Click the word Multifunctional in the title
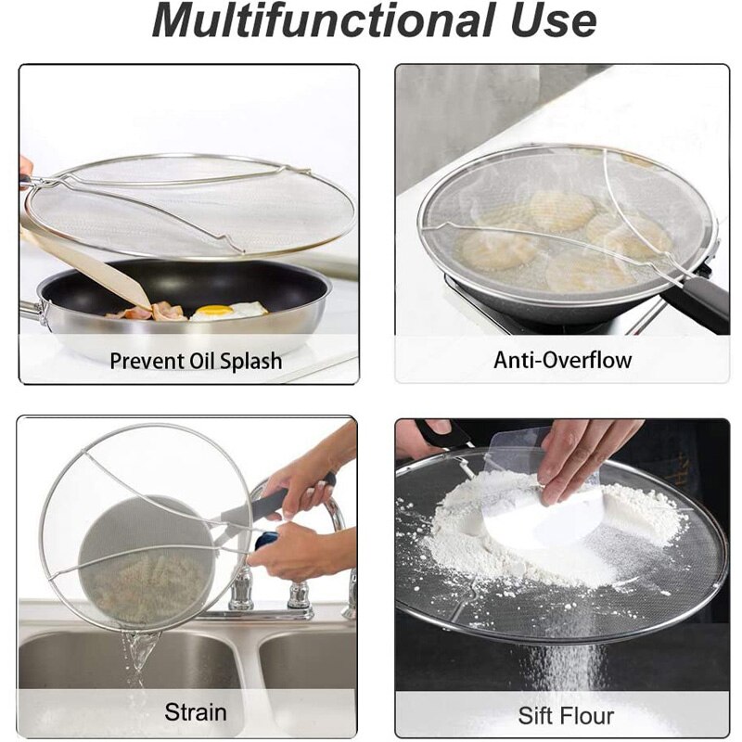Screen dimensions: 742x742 313,22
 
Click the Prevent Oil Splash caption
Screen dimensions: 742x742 196,360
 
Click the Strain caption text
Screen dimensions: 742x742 195,711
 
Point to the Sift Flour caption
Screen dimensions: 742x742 566,715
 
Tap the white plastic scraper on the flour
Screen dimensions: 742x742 547,519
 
